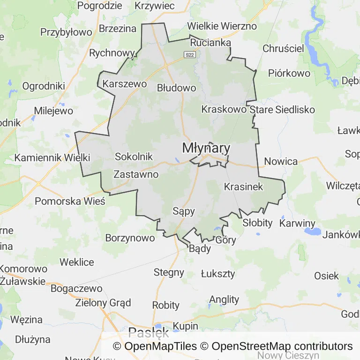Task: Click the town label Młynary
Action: click(206, 148)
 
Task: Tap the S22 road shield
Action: click(189, 55)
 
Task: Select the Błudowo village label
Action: click(176, 88)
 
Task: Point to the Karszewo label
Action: click(124, 84)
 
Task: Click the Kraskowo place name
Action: click(224, 109)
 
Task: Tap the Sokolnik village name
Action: click(134, 157)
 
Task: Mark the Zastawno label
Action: click(136, 174)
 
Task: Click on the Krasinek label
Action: click(244, 187)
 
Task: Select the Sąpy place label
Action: click(183, 211)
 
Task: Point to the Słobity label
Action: click(257, 223)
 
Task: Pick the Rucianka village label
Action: click(210, 43)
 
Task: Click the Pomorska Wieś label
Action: click(70, 201)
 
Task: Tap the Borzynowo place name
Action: click(130, 238)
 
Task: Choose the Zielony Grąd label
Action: click(103, 302)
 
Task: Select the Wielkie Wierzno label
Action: click(222, 26)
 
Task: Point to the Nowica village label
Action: click(281, 161)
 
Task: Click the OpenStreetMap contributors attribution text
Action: click(282, 346)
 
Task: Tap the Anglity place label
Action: click(224, 300)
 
